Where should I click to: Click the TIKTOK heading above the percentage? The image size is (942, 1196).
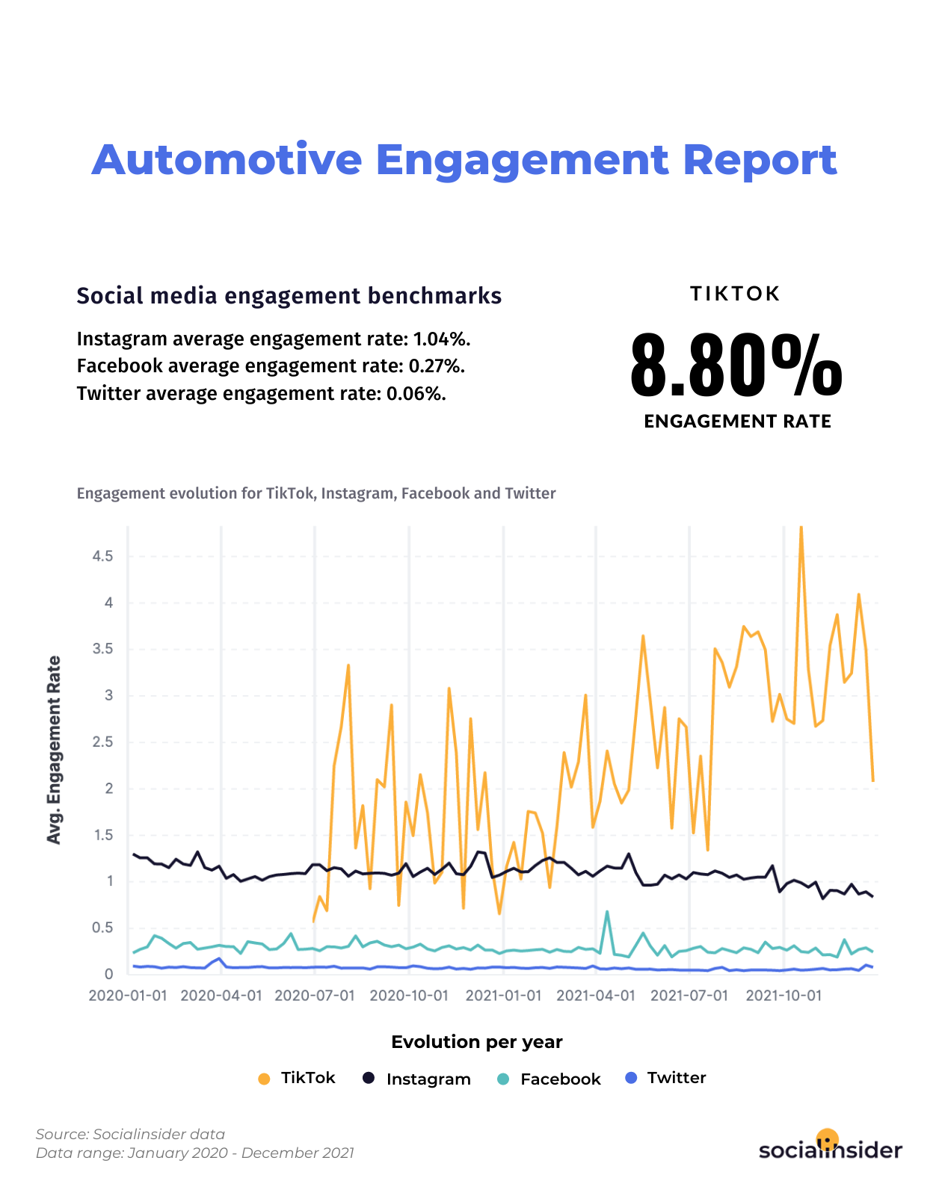736,294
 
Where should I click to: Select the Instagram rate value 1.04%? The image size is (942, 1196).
442,339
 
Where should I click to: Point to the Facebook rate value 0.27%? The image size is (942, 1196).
437,366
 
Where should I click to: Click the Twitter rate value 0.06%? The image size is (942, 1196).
416,394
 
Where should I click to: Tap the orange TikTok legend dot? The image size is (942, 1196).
263,1079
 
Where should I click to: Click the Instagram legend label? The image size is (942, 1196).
428,1079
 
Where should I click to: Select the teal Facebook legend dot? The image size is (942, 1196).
503,1079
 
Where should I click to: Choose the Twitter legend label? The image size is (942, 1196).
677,1078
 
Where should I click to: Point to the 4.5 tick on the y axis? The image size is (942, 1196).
102,556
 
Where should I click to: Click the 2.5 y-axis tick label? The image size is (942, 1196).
102,742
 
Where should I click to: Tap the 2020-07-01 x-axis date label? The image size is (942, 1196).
315,996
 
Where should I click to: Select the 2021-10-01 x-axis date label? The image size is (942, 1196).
784,996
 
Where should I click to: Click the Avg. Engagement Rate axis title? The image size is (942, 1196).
54,750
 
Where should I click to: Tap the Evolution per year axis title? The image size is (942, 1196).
477,1042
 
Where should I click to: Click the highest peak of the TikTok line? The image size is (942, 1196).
801,528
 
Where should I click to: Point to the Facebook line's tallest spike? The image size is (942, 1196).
607,911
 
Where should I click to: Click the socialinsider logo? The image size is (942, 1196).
830,1147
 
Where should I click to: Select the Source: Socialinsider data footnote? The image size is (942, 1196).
131,1134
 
